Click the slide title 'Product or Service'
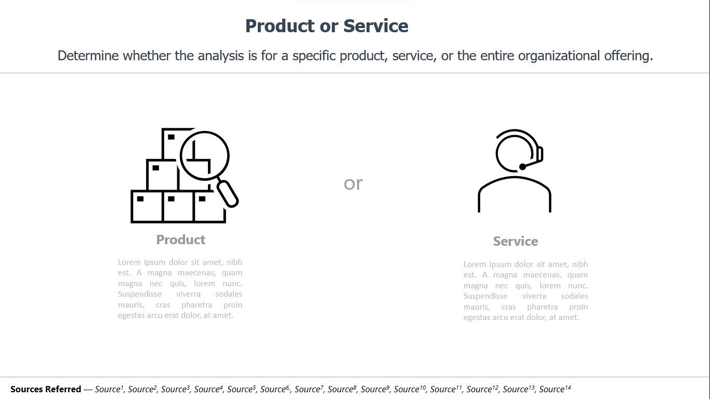tap(327, 25)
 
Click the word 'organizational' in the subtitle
tap(559, 56)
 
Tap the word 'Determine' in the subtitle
tap(88, 56)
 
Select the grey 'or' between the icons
tap(353, 183)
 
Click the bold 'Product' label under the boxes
tap(181, 240)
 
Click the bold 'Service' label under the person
tap(516, 241)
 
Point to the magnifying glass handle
tap(228, 194)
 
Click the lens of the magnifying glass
tap(204, 156)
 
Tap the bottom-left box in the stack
tap(147, 206)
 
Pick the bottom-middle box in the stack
tap(178, 206)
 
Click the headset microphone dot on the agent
tap(522, 167)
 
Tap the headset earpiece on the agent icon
tap(540, 154)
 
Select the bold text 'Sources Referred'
tap(46, 389)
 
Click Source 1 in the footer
tap(109, 389)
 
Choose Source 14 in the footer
tap(555, 389)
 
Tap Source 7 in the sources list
tap(309, 389)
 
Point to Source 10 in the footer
tap(410, 389)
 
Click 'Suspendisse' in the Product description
tap(140, 294)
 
